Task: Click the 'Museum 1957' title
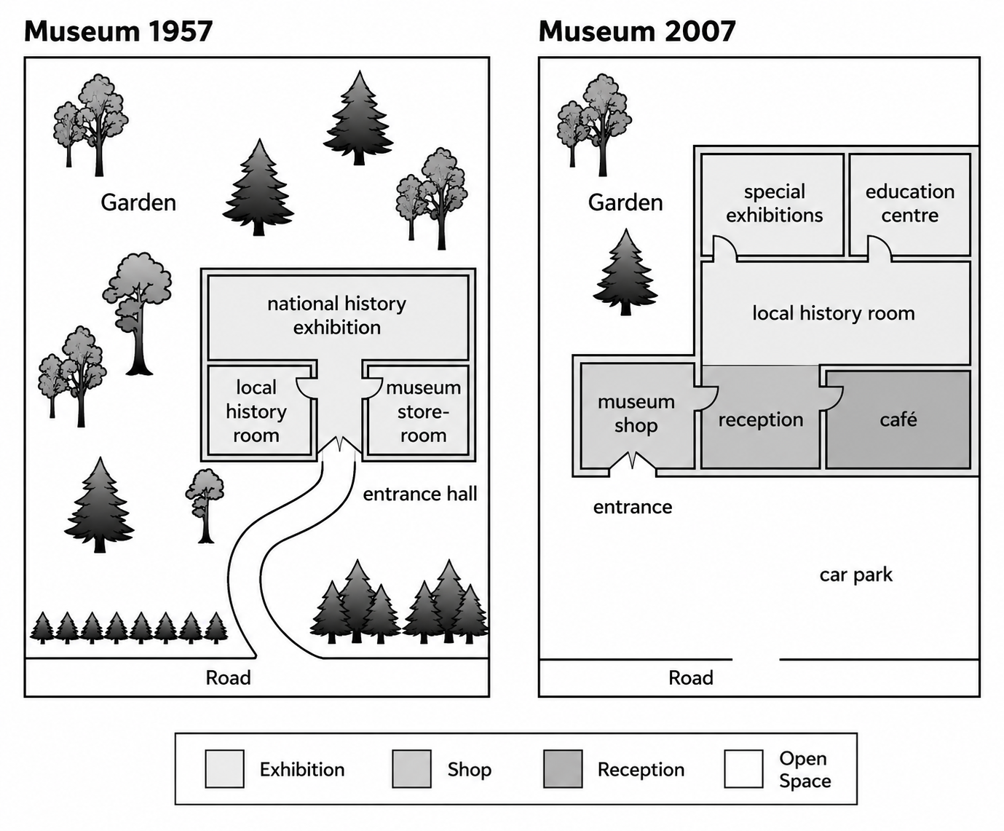[118, 32]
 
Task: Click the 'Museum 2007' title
[637, 32]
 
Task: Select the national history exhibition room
[338, 317]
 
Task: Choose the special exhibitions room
[772, 204]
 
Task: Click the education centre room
[910, 204]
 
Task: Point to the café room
[898, 419]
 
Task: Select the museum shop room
[637, 416]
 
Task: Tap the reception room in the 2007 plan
[760, 417]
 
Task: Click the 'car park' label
[856, 575]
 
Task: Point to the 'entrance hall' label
[420, 494]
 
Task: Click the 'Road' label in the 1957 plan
[229, 677]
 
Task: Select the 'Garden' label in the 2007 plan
[625, 202]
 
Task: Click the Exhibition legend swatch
[224, 768]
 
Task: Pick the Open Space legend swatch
[743, 768]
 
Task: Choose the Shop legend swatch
[411, 768]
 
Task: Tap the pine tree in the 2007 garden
[625, 272]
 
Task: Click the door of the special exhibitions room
[725, 248]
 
